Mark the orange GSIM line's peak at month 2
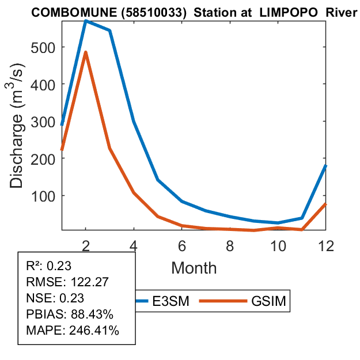pyautogui.click(x=85, y=52)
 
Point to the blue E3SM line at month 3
pyautogui.click(x=109, y=31)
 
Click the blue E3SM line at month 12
pyautogui.click(x=325, y=166)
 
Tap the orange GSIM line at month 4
pyautogui.click(x=134, y=192)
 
